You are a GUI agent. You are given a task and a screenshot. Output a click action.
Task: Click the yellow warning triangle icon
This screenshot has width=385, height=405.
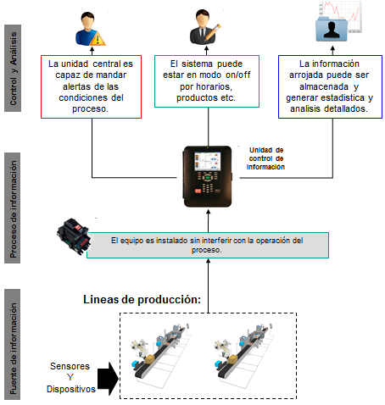98,39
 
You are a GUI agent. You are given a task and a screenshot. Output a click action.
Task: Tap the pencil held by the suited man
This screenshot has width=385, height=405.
213,32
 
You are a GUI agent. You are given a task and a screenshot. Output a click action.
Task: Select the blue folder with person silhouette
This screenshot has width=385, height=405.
332,29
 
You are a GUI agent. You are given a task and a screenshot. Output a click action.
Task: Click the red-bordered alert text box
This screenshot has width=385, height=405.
91,86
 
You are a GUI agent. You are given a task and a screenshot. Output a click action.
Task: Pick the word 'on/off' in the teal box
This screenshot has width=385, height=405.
238,75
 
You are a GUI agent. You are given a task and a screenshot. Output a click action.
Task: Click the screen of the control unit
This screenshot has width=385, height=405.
207,161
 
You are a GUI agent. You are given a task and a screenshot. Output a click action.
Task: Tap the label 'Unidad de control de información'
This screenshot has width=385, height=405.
265,158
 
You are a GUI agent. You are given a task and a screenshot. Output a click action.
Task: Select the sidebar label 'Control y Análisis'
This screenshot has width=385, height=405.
13,68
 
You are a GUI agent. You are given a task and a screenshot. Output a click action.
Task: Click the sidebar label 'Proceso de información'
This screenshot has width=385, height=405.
13,208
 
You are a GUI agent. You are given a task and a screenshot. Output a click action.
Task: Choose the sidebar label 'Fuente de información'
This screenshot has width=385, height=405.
13,344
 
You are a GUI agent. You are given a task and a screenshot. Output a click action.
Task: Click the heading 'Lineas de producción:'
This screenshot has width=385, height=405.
142,300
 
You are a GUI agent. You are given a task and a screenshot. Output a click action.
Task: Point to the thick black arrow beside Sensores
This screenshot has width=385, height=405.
108,379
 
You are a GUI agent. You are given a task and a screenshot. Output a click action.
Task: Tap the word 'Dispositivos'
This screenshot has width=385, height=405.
71,389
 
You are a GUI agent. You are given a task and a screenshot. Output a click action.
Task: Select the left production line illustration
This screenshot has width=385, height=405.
161,355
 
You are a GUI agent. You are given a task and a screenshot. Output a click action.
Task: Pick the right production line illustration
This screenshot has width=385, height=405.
244,355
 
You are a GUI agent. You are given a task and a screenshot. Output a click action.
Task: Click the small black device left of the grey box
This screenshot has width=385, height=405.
74,236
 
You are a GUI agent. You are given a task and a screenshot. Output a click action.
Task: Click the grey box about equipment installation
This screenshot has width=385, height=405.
208,245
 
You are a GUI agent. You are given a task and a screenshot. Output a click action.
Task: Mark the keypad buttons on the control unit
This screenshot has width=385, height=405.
208,182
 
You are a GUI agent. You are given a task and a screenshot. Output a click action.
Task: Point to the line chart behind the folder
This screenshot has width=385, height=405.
341,16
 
